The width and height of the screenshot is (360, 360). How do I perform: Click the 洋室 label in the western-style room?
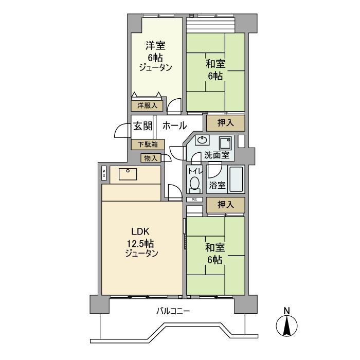(x=155, y=45)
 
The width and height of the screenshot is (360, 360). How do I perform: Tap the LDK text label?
(x=140, y=231)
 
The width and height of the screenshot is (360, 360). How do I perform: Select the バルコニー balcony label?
(x=173, y=311)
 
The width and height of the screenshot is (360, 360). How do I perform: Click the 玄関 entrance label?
(x=143, y=126)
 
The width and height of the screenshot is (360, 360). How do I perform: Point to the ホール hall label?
(x=175, y=126)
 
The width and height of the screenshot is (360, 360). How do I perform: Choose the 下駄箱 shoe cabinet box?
(x=148, y=145)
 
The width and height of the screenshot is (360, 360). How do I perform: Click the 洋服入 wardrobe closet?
(x=147, y=105)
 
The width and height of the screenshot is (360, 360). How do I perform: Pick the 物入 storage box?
(x=151, y=158)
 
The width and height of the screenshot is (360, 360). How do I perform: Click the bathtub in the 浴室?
(x=236, y=179)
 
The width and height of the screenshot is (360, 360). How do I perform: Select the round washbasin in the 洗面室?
(x=202, y=140)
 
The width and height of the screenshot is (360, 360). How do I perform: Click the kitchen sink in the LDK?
(x=128, y=174)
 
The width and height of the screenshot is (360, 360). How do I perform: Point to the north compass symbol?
(x=286, y=326)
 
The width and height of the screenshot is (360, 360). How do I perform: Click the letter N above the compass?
(x=287, y=311)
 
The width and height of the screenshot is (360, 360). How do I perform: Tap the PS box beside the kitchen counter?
(x=104, y=173)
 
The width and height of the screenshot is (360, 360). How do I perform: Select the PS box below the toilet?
(x=194, y=200)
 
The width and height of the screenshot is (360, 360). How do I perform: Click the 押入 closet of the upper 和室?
(x=225, y=123)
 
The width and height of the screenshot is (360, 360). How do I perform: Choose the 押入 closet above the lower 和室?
(x=225, y=205)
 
